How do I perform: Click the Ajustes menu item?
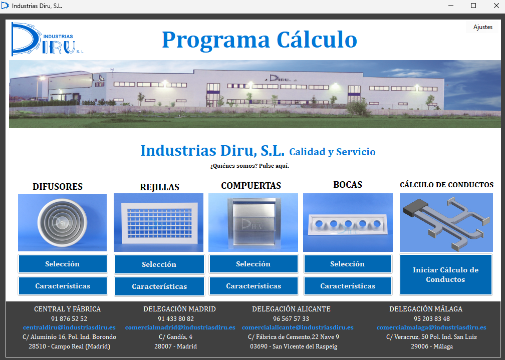click(482, 27)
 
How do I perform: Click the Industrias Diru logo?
click(48, 39)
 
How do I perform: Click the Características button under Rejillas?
click(159, 286)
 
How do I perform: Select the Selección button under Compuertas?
click(253, 264)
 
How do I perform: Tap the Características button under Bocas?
click(348, 286)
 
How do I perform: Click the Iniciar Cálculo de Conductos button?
click(445, 274)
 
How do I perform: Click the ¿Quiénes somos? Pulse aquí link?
click(249, 166)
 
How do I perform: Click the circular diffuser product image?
click(62, 222)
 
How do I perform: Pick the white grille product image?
click(158, 222)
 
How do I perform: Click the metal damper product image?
click(253, 222)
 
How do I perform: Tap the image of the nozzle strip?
click(348, 222)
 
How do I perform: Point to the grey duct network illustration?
click(446, 222)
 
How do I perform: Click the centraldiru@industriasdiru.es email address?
click(69, 327)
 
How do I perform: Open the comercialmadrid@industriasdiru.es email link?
click(180, 327)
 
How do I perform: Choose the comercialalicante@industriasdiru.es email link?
click(298, 327)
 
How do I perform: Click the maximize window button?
click(473, 6)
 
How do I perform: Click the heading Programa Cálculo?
click(259, 40)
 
